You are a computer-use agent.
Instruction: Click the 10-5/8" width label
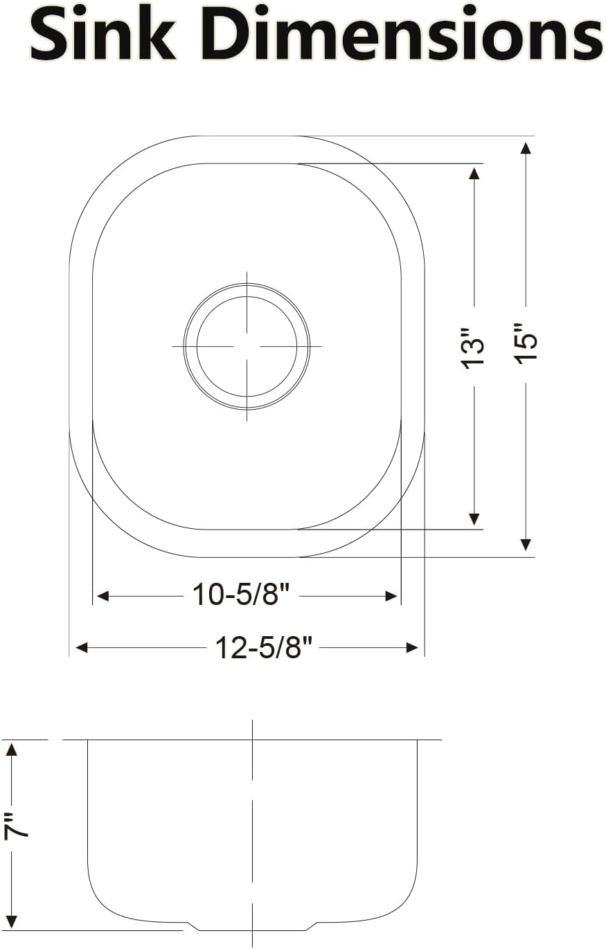(240, 595)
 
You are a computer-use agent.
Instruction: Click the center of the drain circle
(247, 345)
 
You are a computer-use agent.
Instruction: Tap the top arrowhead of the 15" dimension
(526, 149)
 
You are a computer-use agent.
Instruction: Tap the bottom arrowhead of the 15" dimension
(526, 544)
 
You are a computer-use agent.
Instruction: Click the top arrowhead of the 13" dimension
(474, 173)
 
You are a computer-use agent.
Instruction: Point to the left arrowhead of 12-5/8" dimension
(82, 648)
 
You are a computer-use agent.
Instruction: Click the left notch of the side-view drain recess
(193, 926)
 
